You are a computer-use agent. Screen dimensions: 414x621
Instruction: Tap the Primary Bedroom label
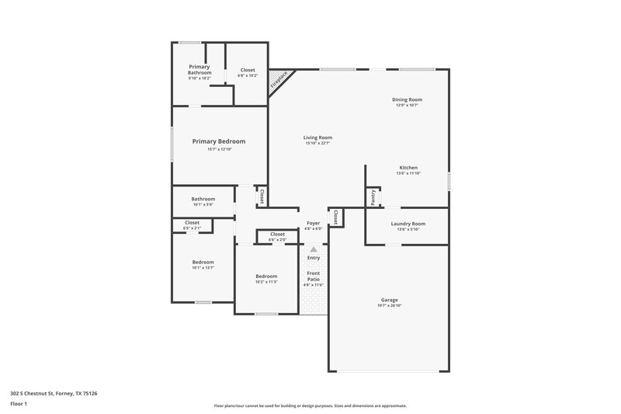219,141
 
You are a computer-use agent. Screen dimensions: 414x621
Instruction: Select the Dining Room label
407,99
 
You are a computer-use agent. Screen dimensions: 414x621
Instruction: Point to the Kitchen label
408,168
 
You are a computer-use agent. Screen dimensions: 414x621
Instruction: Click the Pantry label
373,197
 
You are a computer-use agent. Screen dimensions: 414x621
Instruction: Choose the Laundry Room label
408,224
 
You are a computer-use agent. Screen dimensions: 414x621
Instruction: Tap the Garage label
389,300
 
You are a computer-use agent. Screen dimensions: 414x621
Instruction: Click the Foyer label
314,224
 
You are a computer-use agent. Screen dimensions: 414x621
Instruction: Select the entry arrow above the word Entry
314,250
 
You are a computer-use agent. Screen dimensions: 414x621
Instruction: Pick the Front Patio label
314,276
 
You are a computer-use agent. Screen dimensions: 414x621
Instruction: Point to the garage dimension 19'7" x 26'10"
389,306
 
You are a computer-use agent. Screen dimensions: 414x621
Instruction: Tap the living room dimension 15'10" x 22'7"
317,144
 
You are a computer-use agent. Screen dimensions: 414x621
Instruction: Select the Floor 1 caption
19,404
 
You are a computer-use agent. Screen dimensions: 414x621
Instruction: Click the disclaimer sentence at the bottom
310,405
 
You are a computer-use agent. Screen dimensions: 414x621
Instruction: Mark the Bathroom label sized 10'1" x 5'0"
203,199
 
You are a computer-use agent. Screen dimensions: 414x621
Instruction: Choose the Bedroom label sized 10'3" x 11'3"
267,277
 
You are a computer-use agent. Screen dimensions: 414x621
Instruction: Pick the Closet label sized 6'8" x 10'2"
248,70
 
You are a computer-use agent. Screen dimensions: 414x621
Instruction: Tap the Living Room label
317,137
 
